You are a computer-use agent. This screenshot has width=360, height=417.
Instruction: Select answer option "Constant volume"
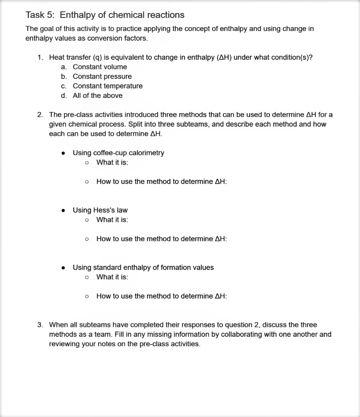pyautogui.click(x=100, y=67)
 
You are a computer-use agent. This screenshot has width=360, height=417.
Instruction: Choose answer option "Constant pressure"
pyautogui.click(x=102, y=77)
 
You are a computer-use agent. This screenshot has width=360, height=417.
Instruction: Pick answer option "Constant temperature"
pyautogui.click(x=108, y=86)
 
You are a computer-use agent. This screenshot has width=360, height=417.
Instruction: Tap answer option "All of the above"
pyautogui.click(x=97, y=96)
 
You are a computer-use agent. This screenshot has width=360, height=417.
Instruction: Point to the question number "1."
pyautogui.click(x=40, y=57)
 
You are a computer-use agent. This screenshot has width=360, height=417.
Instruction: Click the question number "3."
pyautogui.click(x=40, y=325)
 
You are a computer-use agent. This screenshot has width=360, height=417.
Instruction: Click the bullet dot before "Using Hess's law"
pyautogui.click(x=63, y=211)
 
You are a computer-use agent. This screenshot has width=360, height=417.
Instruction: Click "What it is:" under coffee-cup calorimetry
pyautogui.click(x=112, y=162)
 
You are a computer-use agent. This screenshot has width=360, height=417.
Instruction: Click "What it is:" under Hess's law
pyautogui.click(x=112, y=220)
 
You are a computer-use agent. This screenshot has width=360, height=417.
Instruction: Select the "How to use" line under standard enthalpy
pyautogui.click(x=161, y=296)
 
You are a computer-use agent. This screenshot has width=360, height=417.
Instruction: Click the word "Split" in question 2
pyautogui.click(x=136, y=124)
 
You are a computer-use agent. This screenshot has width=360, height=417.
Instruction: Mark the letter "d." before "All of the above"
pyautogui.click(x=64, y=96)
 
